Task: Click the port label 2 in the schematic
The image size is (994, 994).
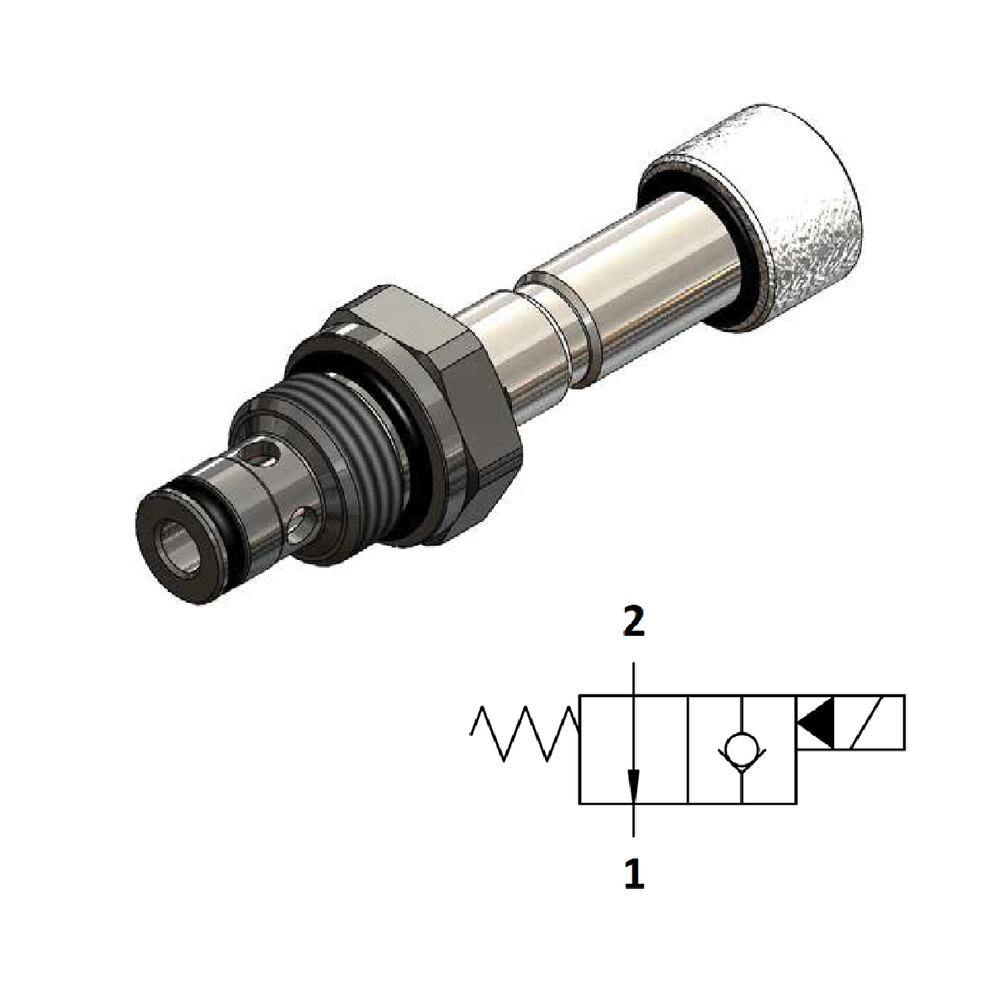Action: coord(633,624)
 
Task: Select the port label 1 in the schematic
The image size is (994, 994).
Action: coord(633,875)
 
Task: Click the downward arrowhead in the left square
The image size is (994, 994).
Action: coord(633,786)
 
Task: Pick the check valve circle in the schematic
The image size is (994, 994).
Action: coord(741,747)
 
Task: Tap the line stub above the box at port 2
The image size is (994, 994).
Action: coord(633,677)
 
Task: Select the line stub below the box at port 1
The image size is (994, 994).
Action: coord(633,820)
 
